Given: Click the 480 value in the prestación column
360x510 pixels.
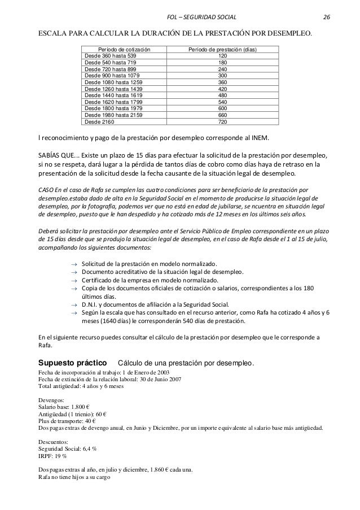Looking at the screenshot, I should coord(222,95).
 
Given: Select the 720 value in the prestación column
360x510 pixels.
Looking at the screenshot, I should coord(222,121).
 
